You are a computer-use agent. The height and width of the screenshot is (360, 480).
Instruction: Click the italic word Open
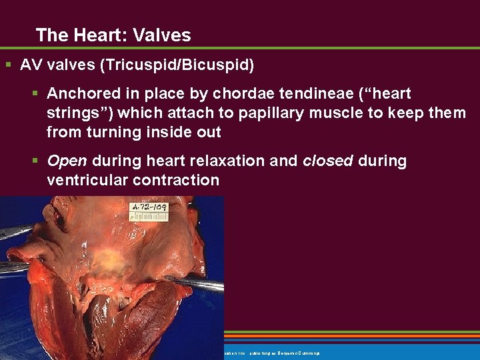(x=67, y=161)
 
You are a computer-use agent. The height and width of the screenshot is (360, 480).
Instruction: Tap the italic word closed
(x=327, y=161)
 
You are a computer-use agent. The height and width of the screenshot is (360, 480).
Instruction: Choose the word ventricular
(x=87, y=180)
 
